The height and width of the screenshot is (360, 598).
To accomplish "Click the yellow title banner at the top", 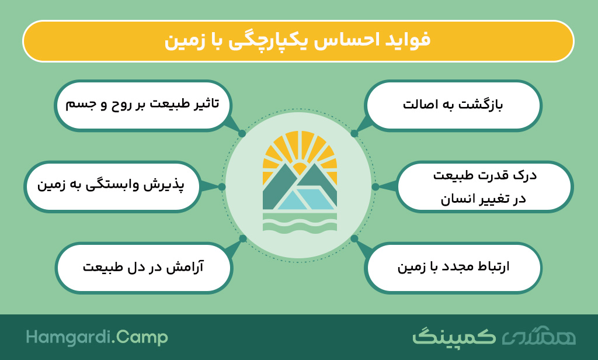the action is [298, 41].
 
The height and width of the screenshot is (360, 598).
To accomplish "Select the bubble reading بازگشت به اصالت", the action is [453, 105].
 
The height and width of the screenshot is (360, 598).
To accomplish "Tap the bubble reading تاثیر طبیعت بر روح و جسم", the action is [143, 105].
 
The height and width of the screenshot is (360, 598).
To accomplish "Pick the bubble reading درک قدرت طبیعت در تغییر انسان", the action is [484, 186].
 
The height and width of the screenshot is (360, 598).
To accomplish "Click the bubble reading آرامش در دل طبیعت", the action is [144, 268].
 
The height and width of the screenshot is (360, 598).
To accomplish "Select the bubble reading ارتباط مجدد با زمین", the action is [453, 268].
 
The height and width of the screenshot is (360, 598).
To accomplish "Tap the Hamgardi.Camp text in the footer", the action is [97, 337].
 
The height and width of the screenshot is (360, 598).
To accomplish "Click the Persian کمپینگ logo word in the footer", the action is [454, 337].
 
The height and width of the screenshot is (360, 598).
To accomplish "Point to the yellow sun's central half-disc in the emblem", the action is [300, 169].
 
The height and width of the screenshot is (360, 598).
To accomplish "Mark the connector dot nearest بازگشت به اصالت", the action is [354, 134].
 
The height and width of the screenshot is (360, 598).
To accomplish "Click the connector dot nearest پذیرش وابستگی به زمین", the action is [221, 186].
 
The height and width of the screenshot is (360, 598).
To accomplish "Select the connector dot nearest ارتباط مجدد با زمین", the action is [354, 238].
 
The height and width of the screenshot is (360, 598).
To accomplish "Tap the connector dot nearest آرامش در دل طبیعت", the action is [243, 238].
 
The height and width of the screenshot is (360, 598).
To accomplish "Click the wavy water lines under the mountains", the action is [300, 222].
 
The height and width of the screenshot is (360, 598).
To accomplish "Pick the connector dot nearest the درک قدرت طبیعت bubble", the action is [376, 186].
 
